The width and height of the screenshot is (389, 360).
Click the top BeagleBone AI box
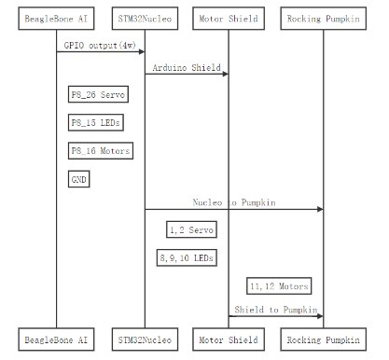[56, 19]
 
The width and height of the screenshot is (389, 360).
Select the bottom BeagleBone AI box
[56, 339]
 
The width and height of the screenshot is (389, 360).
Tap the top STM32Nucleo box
[145, 19]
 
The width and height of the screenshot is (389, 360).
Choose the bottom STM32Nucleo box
[145, 339]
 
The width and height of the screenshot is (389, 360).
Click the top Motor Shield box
[229, 19]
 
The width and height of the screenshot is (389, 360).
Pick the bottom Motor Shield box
[229, 339]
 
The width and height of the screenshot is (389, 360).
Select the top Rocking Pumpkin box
[324, 19]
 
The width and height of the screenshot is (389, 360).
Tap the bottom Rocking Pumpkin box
[324, 339]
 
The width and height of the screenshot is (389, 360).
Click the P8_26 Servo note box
[98, 94]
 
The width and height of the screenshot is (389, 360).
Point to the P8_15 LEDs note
[96, 122]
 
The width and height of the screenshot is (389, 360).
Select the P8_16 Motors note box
[101, 151]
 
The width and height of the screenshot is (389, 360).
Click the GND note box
[79, 179]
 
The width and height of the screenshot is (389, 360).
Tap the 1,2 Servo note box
[191, 229]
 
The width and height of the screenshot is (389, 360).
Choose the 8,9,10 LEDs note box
[187, 257]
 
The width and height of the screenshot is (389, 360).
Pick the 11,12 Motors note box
[279, 286]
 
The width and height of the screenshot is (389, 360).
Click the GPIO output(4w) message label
[100, 46]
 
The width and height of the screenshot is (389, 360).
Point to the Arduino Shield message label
[187, 67]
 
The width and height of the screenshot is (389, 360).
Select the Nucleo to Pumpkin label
[234, 202]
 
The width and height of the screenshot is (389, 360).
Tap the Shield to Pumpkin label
[276, 310]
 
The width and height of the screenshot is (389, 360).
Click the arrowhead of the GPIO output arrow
[142, 51]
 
